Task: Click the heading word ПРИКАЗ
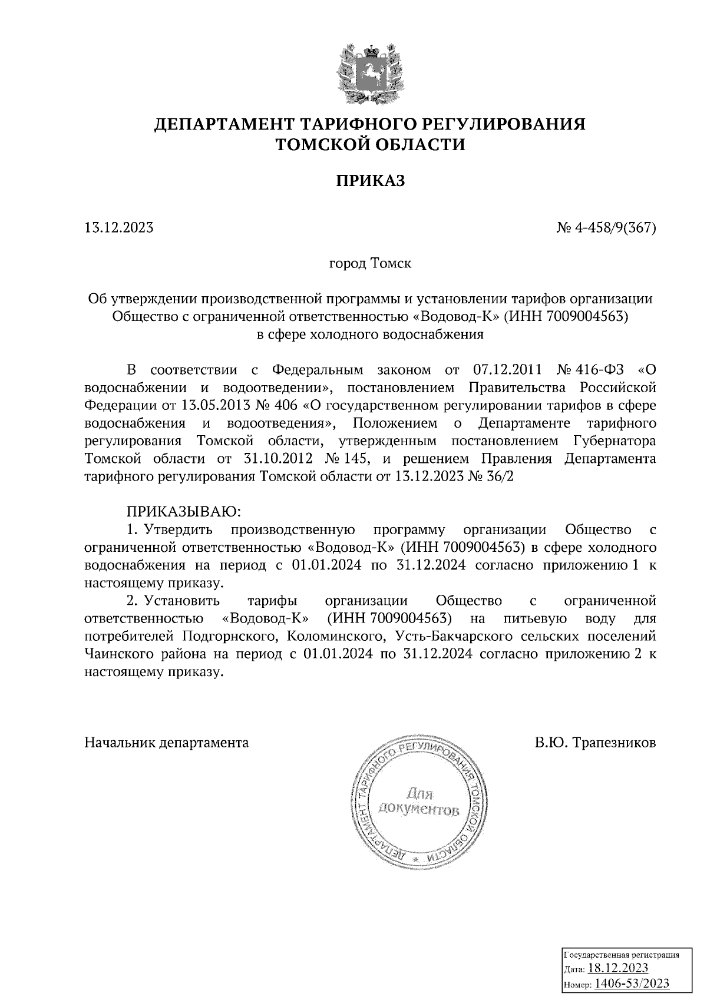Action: (371, 181)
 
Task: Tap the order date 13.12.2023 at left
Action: (119, 227)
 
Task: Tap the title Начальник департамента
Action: (167, 742)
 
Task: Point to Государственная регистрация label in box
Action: (622, 955)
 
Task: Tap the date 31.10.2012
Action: (275, 459)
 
